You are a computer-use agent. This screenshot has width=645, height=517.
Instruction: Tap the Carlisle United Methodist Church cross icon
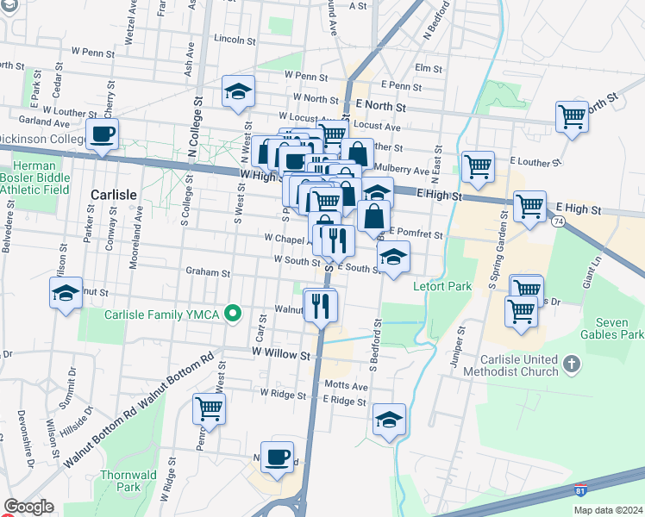tap(570, 364)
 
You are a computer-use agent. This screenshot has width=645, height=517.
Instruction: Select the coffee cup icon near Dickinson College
tap(103, 134)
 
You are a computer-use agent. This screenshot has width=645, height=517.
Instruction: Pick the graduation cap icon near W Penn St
tap(238, 90)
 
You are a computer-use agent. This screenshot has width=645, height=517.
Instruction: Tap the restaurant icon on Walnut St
tap(321, 303)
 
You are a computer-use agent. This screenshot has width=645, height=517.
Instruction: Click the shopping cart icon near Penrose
tap(210, 408)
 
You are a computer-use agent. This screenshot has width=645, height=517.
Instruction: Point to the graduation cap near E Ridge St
tap(389, 419)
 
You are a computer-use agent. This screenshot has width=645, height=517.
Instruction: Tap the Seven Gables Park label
tap(613, 327)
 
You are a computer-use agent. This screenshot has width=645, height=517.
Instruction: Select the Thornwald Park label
tap(120, 480)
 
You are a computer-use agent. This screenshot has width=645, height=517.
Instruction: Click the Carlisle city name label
tap(113, 195)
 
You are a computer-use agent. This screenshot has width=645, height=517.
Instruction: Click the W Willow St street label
tap(281, 353)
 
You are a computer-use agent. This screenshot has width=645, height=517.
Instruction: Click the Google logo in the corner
tap(28, 507)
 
